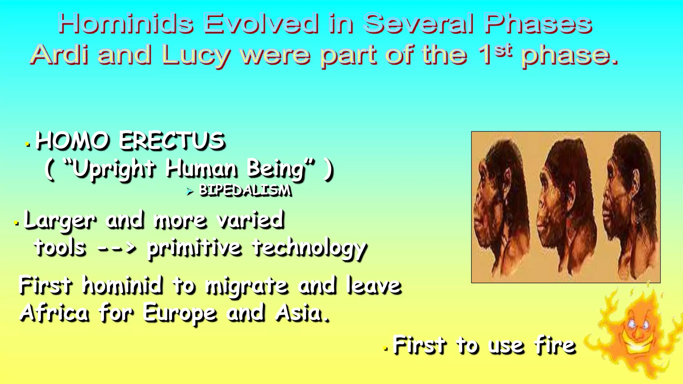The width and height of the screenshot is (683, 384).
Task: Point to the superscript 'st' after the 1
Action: point(503,50)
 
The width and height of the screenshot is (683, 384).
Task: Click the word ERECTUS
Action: point(172,141)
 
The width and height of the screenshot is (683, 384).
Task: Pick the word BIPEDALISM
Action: point(245,190)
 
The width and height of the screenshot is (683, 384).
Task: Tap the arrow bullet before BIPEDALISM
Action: point(190,191)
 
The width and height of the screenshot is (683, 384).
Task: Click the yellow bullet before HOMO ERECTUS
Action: point(28,145)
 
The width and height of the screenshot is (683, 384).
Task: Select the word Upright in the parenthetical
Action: point(113,169)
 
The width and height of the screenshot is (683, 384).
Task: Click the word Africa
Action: point(54,313)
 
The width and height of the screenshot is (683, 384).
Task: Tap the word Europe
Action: point(180,314)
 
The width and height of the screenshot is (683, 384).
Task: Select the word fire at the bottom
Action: point(555,345)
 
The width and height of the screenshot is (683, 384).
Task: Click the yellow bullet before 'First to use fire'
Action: point(386,349)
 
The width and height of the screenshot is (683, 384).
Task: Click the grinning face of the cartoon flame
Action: point(639,333)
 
